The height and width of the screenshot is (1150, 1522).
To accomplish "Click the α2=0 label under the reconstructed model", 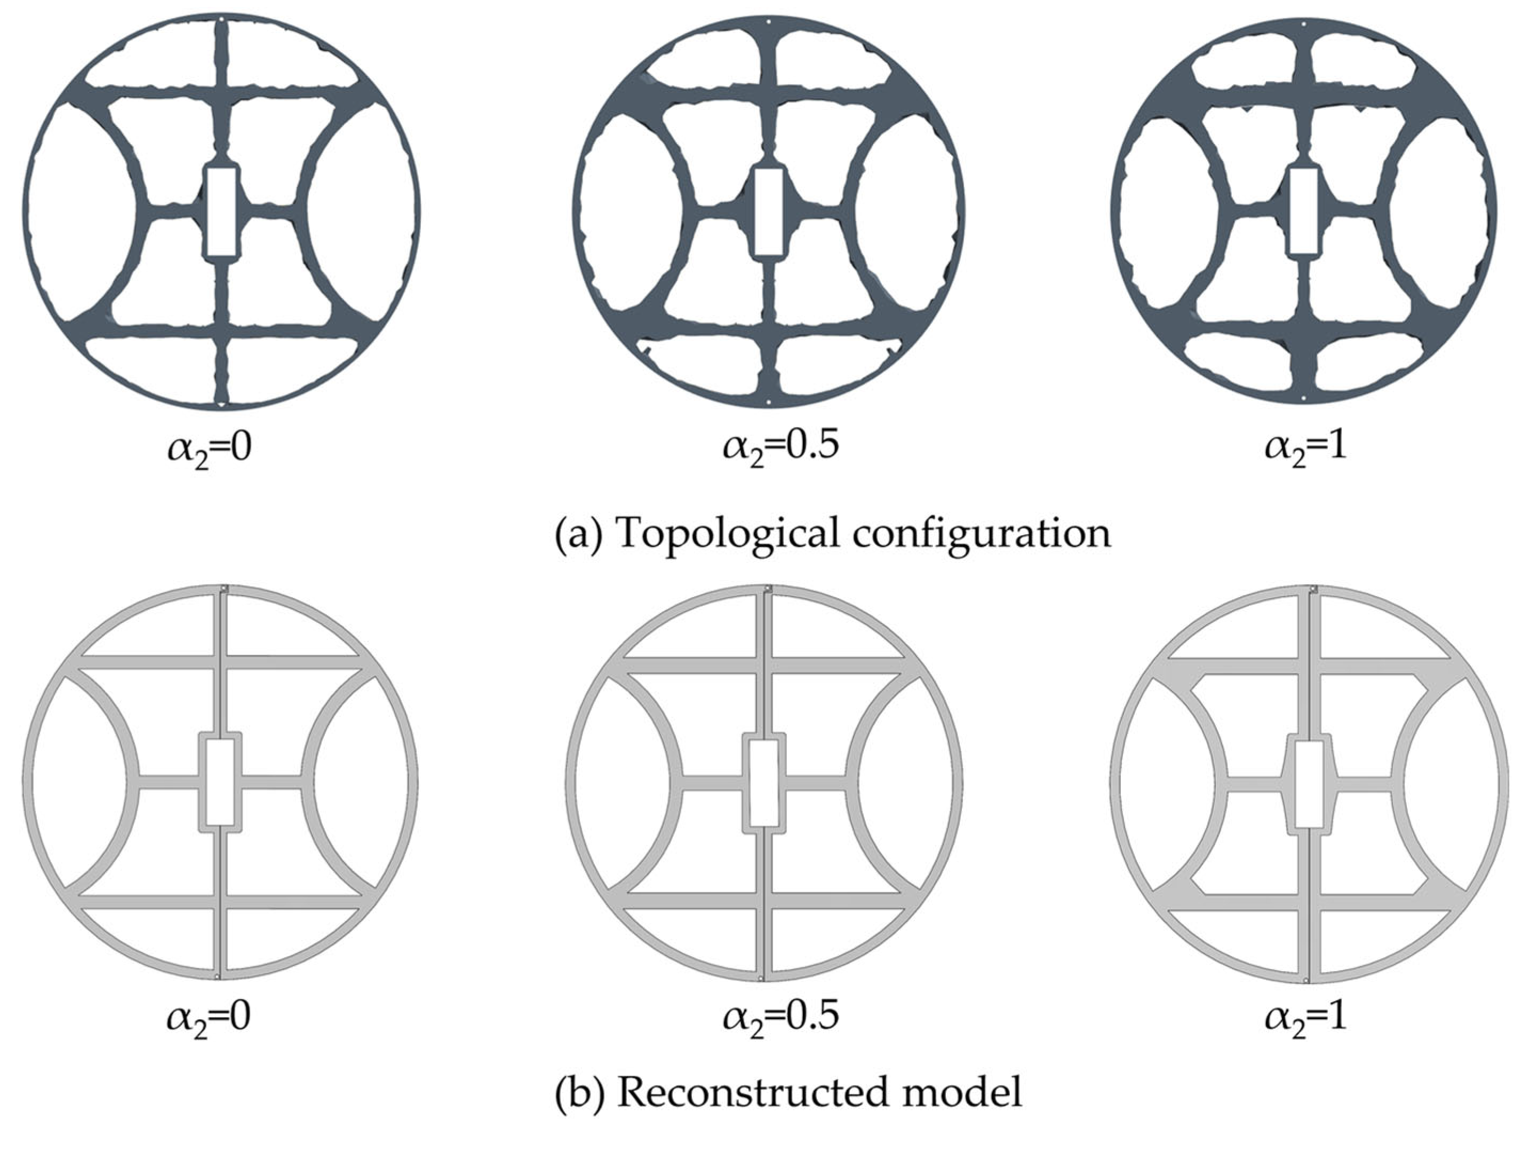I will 209,1018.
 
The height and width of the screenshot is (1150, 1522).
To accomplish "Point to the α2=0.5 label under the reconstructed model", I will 780,1018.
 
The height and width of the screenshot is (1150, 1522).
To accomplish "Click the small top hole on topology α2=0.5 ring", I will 768,21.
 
